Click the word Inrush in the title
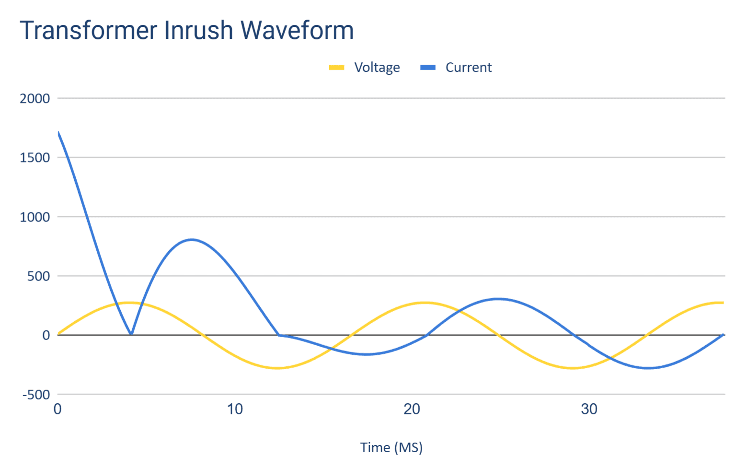pyautogui.click(x=198, y=30)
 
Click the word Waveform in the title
pyautogui.click(x=297, y=30)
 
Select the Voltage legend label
pyautogui.click(x=377, y=68)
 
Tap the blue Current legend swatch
pyautogui.click(x=427, y=68)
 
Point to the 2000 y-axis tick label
pyautogui.click(x=34, y=99)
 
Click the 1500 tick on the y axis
pyautogui.click(x=34, y=158)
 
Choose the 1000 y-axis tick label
pyautogui.click(x=34, y=217)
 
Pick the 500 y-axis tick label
pyautogui.click(x=38, y=276)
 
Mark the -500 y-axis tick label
pyautogui.click(x=36, y=395)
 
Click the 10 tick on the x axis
pyautogui.click(x=235, y=409)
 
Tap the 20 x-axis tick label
pyautogui.click(x=412, y=409)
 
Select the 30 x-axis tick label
pyautogui.click(x=589, y=409)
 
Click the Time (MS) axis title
pyautogui.click(x=391, y=447)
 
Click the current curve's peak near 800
pyautogui.click(x=192, y=239)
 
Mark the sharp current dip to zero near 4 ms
pyautogui.click(x=131, y=334)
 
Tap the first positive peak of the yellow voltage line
pyautogui.click(x=129, y=303)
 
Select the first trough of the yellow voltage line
pyautogui.click(x=277, y=368)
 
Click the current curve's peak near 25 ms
pyautogui.click(x=498, y=299)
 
